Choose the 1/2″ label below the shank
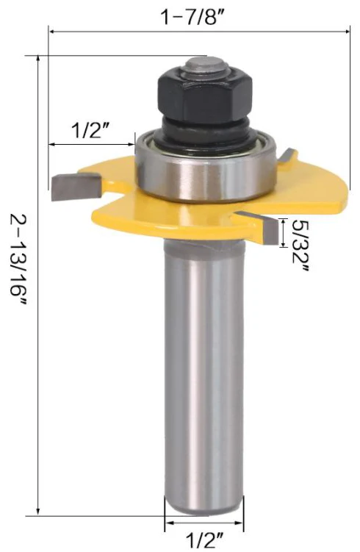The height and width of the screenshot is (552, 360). click(x=202, y=541)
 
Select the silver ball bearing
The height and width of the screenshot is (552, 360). click(x=205, y=168)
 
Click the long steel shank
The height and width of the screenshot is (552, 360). click(x=202, y=382)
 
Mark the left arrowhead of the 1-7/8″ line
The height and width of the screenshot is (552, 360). click(x=51, y=31)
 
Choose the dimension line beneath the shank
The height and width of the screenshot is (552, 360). click(x=202, y=524)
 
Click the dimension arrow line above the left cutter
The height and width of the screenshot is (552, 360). click(x=92, y=143)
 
